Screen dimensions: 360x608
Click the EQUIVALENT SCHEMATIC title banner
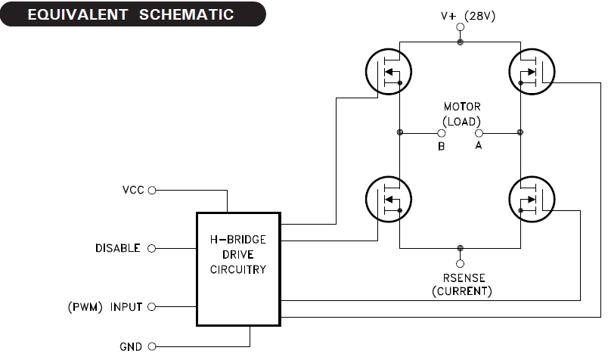(133, 14)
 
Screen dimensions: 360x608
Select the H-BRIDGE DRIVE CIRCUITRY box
(237, 268)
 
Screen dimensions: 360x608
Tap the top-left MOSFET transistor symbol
(389, 73)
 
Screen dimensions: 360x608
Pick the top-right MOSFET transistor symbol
(532, 73)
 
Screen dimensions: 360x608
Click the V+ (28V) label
(467, 14)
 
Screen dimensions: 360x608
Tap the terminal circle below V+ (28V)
(461, 29)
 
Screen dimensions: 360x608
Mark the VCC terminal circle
(152, 191)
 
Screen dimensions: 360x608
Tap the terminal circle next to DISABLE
(152, 248)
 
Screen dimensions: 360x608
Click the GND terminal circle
(152, 346)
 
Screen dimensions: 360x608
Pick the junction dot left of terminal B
(400, 133)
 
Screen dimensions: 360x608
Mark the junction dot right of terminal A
(520, 133)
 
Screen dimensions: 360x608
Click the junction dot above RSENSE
(461, 248)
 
